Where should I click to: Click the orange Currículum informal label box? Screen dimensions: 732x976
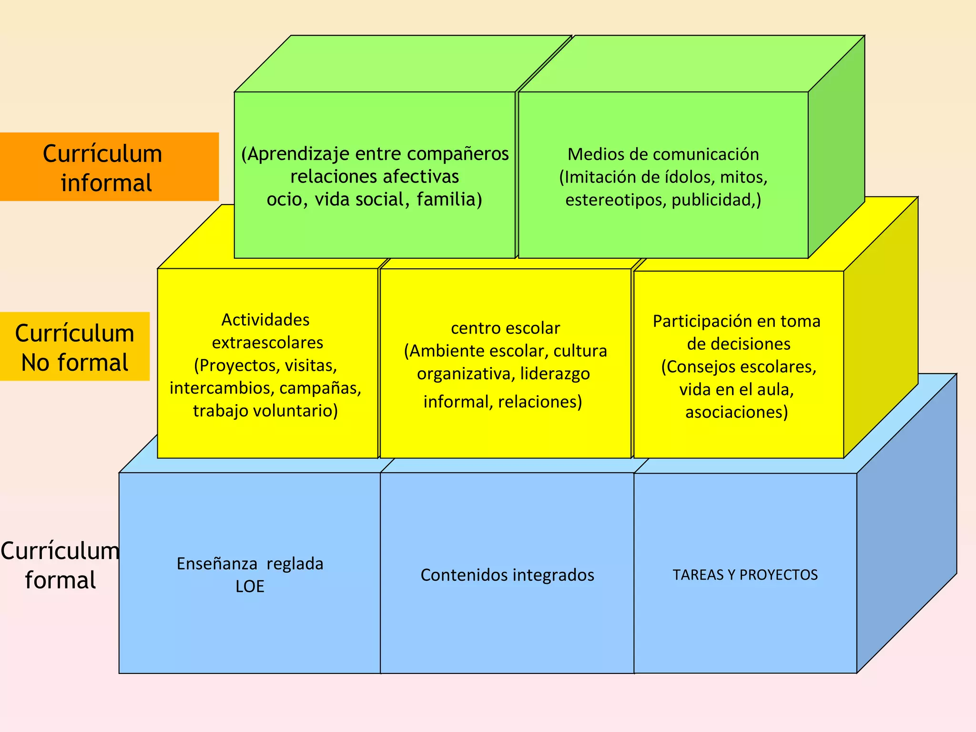click(109, 167)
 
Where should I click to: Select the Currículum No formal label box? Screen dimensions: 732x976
click(75, 346)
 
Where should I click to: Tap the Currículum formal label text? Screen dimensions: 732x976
click(60, 565)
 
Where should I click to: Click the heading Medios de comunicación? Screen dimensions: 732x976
click(663, 154)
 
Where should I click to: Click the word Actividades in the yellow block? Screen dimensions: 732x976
click(265, 320)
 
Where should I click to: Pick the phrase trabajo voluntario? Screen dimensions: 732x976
click(265, 411)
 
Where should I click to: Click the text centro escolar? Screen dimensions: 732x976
click(505, 328)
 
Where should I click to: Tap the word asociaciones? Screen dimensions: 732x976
click(736, 412)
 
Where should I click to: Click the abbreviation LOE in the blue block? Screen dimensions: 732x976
click(250, 587)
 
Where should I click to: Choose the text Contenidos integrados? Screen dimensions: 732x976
click(507, 575)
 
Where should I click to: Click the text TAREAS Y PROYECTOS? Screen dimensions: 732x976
click(745, 575)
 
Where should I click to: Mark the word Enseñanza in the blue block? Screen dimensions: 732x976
click(217, 564)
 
